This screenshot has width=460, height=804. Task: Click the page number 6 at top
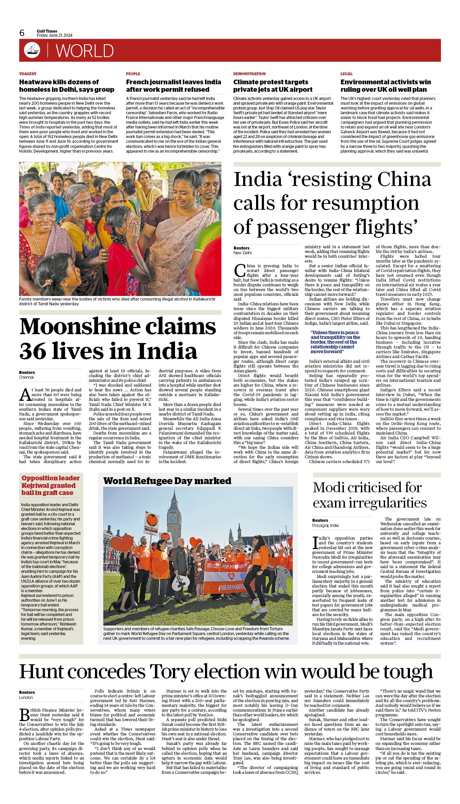22,33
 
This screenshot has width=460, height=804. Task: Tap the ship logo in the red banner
32,50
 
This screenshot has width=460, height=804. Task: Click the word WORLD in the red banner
84,51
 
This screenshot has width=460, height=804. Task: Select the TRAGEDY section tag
28,74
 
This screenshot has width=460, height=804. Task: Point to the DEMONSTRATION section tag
249,74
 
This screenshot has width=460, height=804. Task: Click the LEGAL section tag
346,74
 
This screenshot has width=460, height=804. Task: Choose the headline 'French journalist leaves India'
173,82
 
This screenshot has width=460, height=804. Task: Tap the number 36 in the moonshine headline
33,351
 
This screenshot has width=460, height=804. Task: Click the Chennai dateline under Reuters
27,377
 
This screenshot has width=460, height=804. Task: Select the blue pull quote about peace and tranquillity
335,342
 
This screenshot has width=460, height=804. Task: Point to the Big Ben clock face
173,518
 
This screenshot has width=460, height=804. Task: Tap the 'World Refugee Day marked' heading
167,481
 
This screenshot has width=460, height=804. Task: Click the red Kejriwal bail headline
50,485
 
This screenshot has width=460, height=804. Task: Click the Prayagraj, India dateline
325,526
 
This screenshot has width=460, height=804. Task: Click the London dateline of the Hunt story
26,697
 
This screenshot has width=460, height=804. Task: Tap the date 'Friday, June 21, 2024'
54,35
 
